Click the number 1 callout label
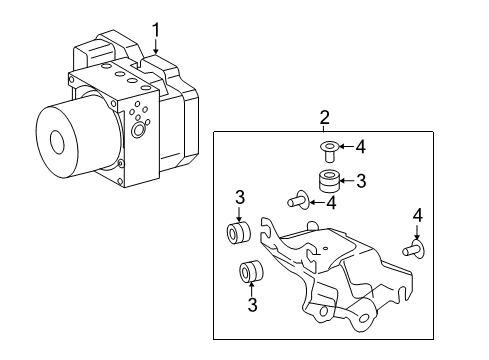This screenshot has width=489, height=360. coord(155,29)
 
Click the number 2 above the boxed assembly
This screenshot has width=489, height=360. coord(324,119)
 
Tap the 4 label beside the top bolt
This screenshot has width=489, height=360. coord(361,147)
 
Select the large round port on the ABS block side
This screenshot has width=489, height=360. coord(137,128)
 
